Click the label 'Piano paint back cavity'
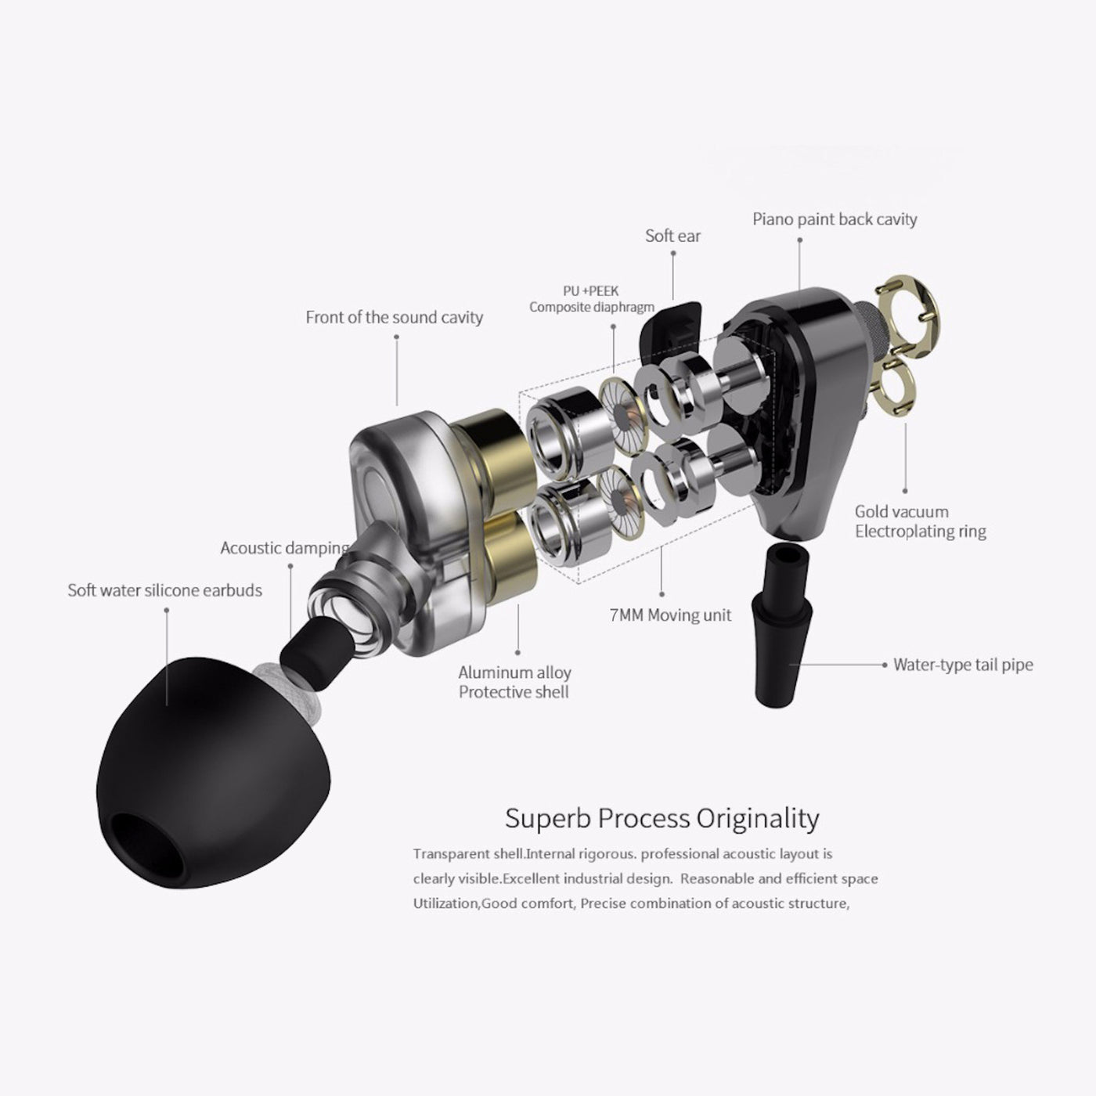click(835, 219)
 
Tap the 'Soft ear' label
click(672, 236)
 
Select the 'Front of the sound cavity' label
click(394, 317)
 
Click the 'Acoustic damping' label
click(284, 547)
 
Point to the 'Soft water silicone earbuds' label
click(164, 589)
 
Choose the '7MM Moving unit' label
click(670, 615)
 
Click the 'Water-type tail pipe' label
click(963, 665)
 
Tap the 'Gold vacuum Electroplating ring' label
click(920, 521)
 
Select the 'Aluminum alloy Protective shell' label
click(514, 682)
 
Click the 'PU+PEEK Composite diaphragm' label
click(591, 299)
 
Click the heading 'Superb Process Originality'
click(662, 818)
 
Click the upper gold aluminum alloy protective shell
click(489, 446)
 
